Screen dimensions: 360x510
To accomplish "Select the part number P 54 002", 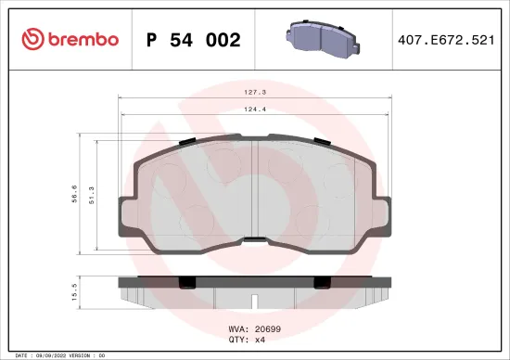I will (x=194, y=40).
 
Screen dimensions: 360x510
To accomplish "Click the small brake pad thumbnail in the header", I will (x=317, y=39).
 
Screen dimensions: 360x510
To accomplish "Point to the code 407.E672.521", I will (x=446, y=40).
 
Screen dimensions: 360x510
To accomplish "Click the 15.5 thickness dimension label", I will (x=72, y=292).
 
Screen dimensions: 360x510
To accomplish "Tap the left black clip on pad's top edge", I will (x=185, y=141).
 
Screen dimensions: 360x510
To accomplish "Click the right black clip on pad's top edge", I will (x=323, y=141).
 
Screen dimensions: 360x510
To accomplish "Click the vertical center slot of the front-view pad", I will (x=254, y=190).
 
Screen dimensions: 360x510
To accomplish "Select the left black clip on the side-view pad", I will (x=185, y=280).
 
